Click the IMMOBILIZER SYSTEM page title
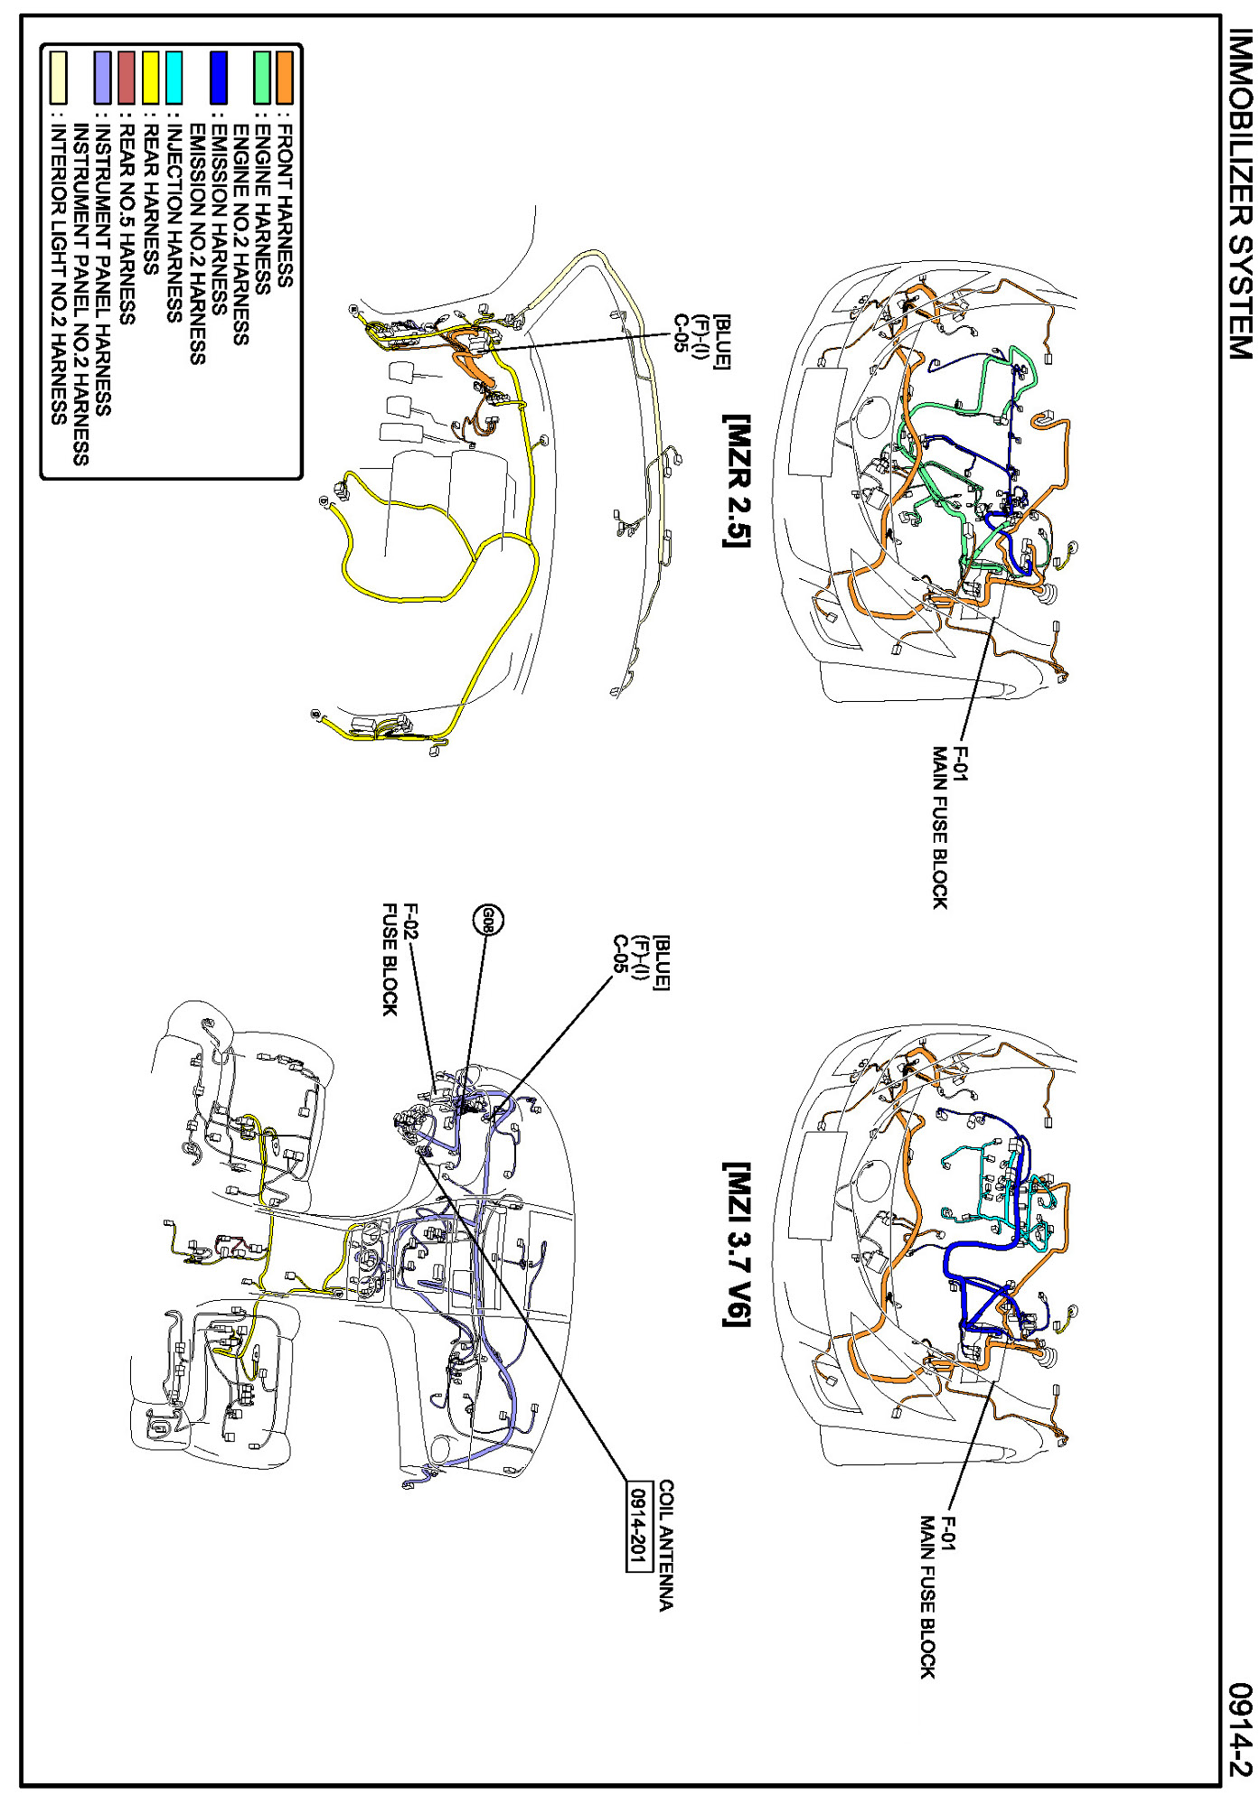click(1240, 194)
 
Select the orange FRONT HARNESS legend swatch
click(285, 78)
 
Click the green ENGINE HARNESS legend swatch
click(262, 78)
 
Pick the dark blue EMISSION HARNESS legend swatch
click(218, 78)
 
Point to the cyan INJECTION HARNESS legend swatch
click(174, 78)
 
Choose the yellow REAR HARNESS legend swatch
click(151, 78)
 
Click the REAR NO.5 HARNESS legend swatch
click(127, 78)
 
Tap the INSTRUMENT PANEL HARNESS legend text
click(103, 270)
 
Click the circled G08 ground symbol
click(488, 921)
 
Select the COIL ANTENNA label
click(666, 1545)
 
